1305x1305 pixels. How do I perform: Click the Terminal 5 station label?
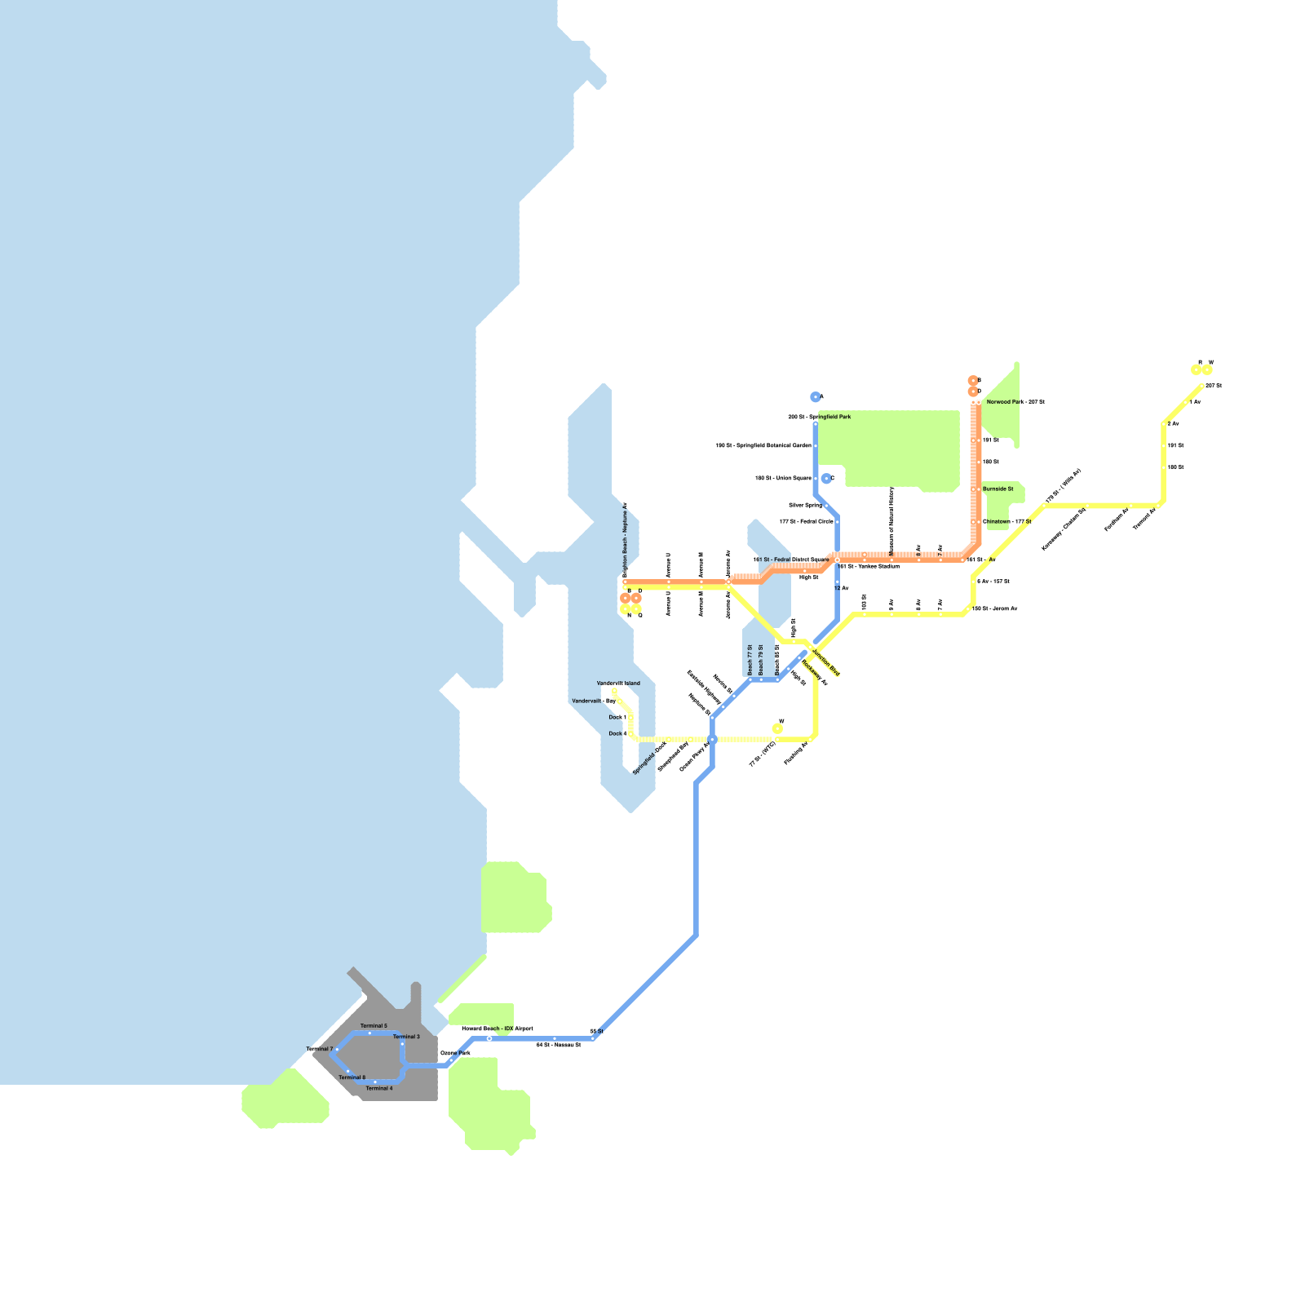coord(374,1025)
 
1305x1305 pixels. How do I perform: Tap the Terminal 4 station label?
coord(379,1088)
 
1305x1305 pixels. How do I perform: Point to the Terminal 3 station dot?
coord(402,1044)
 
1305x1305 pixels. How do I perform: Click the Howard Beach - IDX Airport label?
coord(497,1029)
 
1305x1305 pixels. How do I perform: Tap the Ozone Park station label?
coord(455,1053)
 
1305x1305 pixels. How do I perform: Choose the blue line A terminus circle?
coord(815,397)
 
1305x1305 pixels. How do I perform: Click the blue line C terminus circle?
coord(826,479)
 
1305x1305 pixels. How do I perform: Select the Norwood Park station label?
coord(1015,402)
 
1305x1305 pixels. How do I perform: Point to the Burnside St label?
coord(998,489)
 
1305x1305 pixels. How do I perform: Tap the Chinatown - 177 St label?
coord(1006,522)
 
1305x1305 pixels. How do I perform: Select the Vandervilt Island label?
coord(618,683)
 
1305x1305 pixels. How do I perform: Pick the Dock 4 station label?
coord(617,734)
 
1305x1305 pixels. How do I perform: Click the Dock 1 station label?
coord(617,718)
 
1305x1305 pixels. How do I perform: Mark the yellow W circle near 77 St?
coord(777,728)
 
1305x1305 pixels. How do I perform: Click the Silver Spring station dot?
coord(826,506)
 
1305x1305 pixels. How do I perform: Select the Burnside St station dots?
coord(976,489)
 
